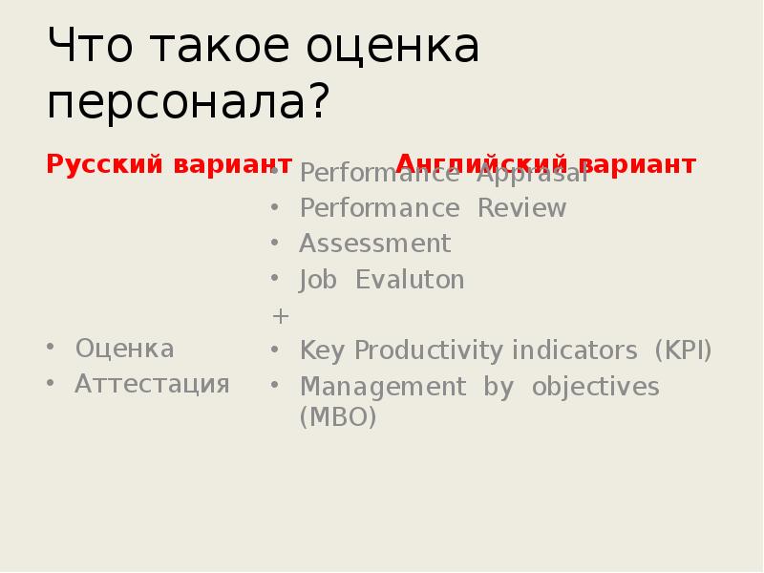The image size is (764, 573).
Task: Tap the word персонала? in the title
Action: [187, 100]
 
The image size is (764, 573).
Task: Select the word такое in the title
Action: [223, 48]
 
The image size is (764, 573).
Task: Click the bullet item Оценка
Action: [124, 349]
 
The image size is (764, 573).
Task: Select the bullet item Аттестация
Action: [152, 384]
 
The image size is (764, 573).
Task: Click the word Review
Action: [521, 208]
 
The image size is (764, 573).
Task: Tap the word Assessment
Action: [374, 244]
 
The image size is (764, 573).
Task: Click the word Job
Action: [318, 280]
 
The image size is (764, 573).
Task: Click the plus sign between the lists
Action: [280, 315]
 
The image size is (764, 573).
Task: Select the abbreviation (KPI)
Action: [683, 350]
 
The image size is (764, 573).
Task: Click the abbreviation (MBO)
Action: [338, 417]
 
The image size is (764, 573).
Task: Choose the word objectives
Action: [595, 387]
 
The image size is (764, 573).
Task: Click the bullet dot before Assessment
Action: [275, 244]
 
